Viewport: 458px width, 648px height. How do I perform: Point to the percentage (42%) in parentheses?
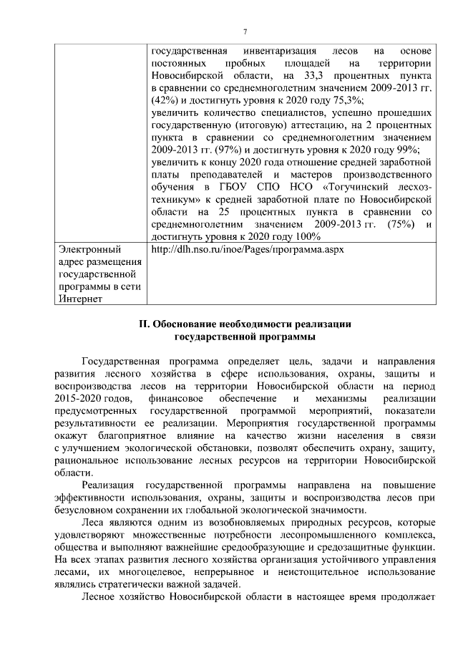click(165, 100)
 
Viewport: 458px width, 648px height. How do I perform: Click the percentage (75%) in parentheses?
click(396, 223)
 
